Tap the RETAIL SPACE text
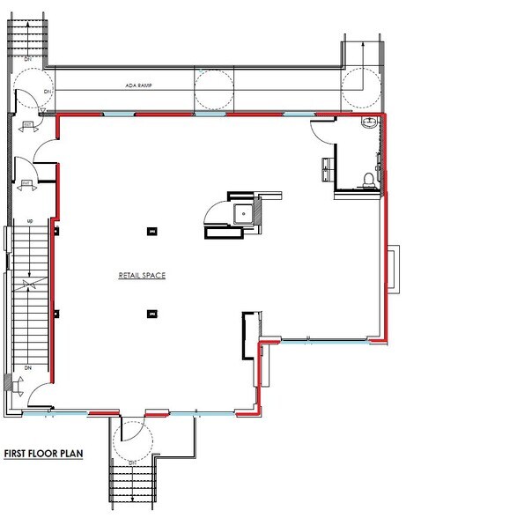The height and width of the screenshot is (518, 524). pos(143,276)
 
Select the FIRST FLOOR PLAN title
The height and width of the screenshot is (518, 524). pos(43,454)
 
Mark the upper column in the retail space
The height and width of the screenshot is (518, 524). pos(152,232)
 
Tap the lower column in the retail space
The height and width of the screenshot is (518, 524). pos(152,313)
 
